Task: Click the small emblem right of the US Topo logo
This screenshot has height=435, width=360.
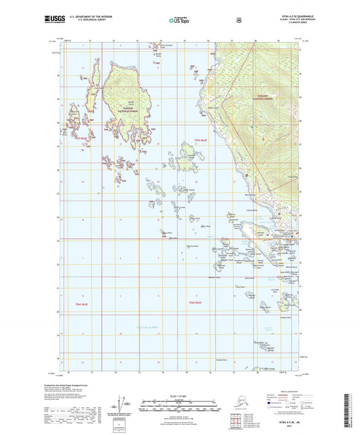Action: (238, 20)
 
